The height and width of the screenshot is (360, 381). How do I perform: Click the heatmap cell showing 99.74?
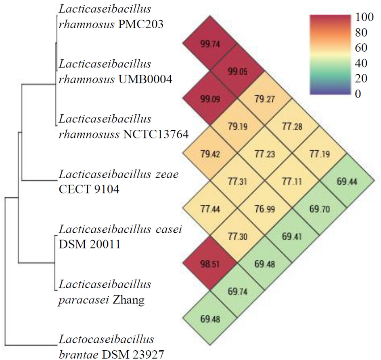pyautogui.click(x=209, y=44)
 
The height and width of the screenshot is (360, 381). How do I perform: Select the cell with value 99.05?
pyautogui.click(x=237, y=72)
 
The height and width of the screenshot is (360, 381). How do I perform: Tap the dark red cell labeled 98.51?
pyautogui.click(x=209, y=263)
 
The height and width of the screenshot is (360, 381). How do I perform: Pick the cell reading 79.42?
pyautogui.click(x=209, y=154)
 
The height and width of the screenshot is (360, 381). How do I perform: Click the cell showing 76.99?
pyautogui.click(x=264, y=208)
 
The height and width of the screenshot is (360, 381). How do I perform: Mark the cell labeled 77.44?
pyautogui.click(x=209, y=208)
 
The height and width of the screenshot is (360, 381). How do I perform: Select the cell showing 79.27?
pyautogui.click(x=264, y=99)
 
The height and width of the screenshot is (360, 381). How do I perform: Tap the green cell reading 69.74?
pyautogui.click(x=237, y=291)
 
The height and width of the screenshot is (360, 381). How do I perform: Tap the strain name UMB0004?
pyautogui.click(x=146, y=80)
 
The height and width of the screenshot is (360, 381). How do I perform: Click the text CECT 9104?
pyautogui.click(x=89, y=189)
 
